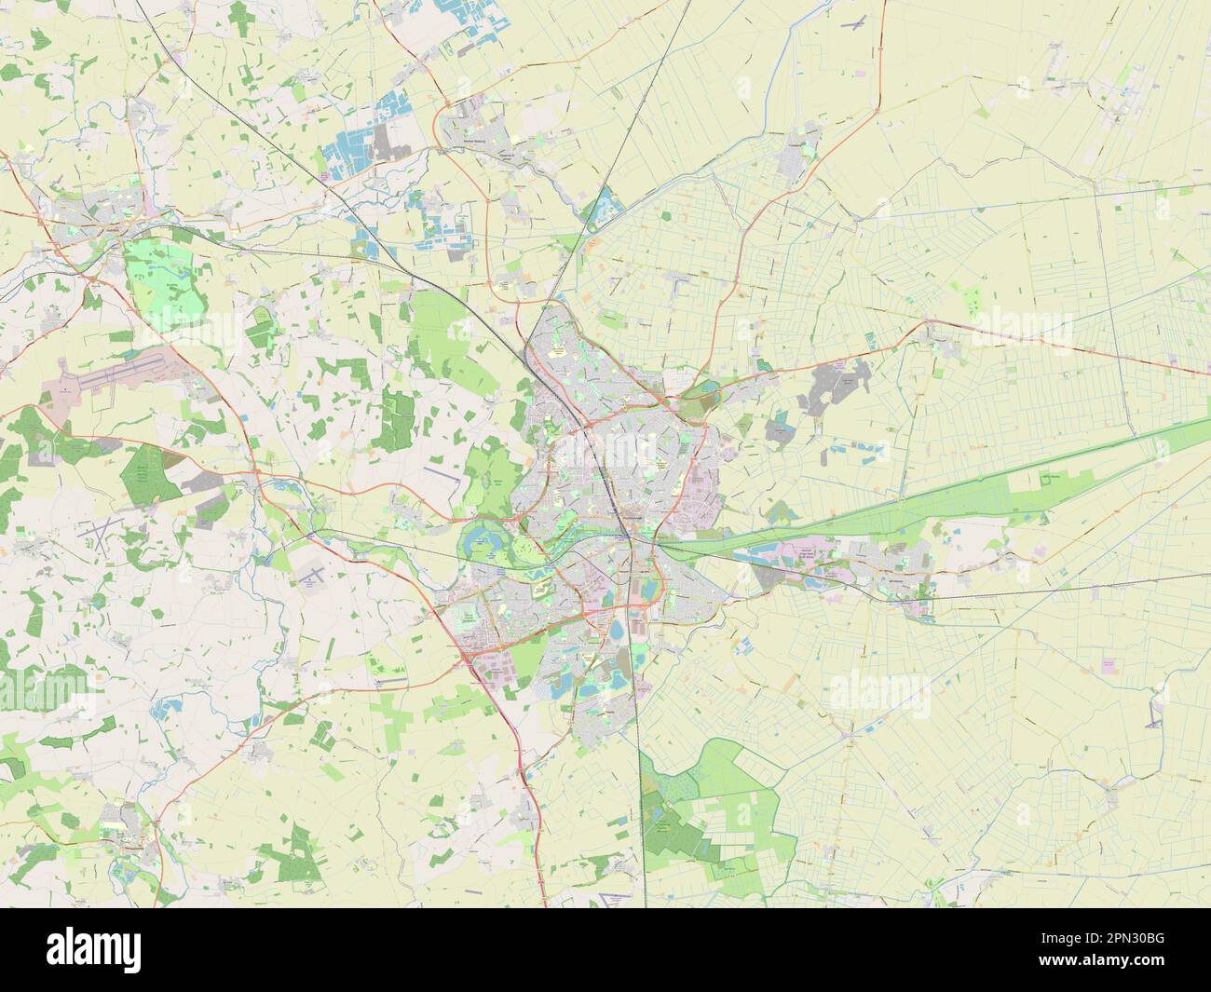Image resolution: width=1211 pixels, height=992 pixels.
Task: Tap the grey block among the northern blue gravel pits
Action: (382, 144)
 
